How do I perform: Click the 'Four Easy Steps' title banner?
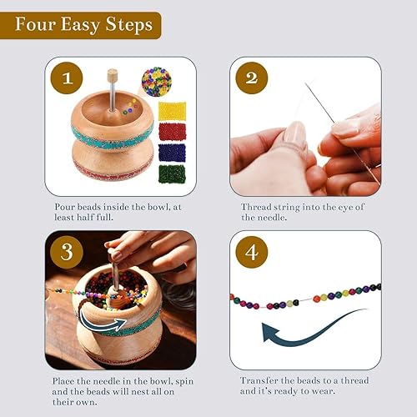click(81, 24)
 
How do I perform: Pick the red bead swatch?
click(172, 131)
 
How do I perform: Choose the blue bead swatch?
click(172, 153)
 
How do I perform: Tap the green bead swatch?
click(172, 174)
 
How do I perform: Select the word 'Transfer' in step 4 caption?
click(262, 379)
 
